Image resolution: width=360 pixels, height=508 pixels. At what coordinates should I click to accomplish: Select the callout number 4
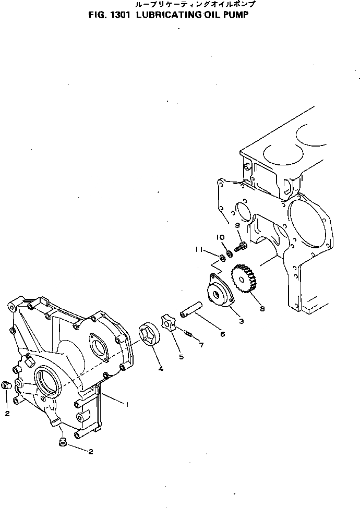tap(161, 369)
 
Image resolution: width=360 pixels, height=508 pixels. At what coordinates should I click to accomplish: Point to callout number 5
tap(181, 357)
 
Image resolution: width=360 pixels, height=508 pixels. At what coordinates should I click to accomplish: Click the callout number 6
tap(223, 333)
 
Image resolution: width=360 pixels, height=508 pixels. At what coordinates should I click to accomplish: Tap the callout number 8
tap(262, 309)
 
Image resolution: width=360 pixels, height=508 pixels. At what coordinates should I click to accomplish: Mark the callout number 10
tap(221, 237)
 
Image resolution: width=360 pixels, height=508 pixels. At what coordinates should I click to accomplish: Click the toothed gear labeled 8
tap(243, 282)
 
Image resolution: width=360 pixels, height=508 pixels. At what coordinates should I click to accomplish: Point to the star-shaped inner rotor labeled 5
tap(169, 324)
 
